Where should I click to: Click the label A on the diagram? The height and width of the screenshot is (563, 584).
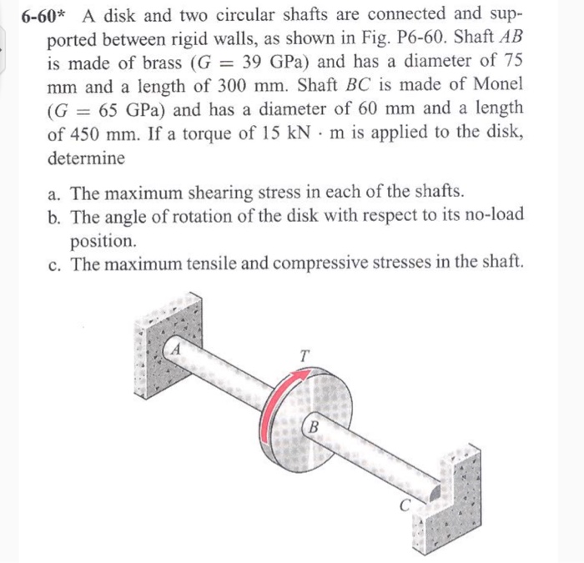pyautogui.click(x=176, y=349)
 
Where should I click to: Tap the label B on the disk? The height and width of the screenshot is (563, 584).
pyautogui.click(x=314, y=427)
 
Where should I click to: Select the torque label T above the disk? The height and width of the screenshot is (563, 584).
pyautogui.click(x=305, y=355)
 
